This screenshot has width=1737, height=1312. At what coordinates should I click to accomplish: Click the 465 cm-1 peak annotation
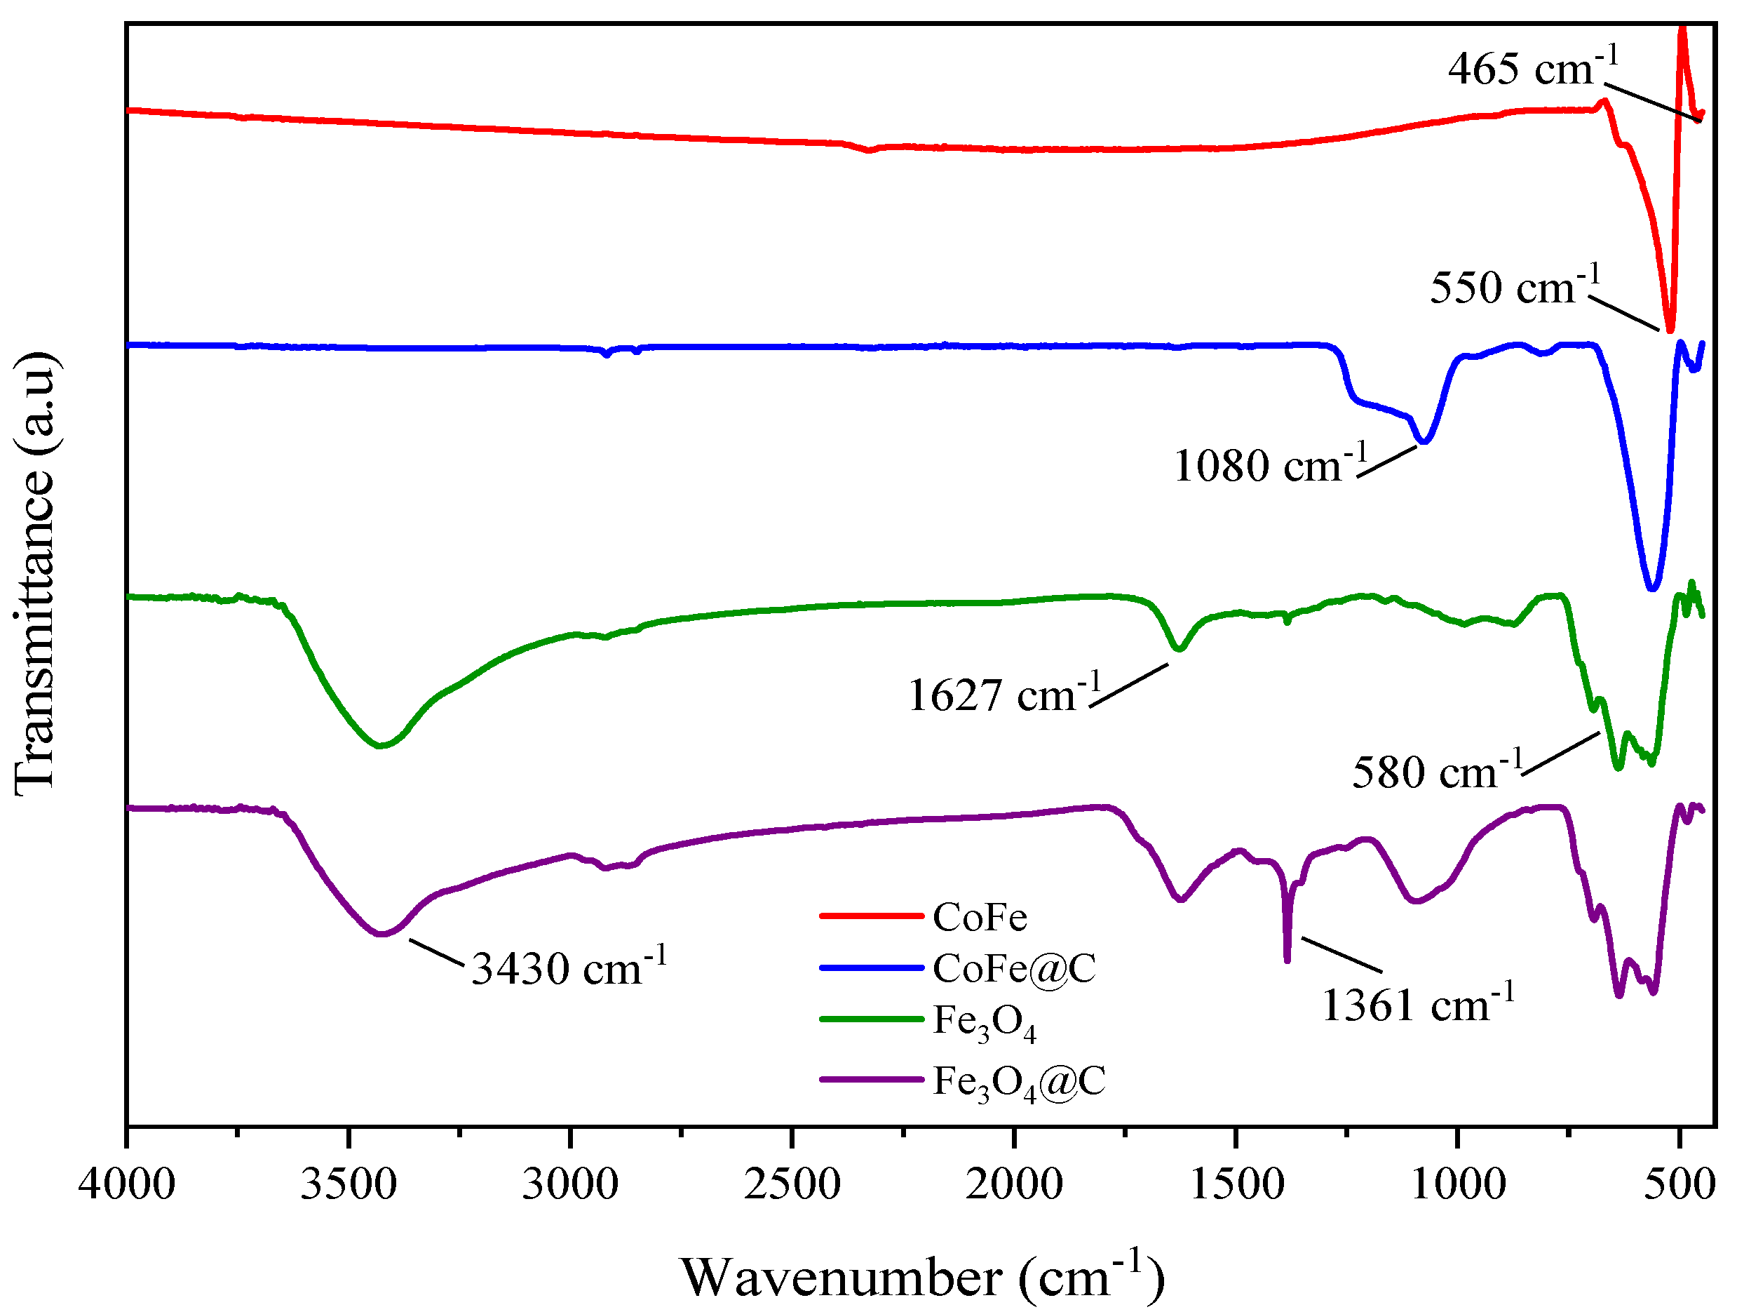(x=1532, y=69)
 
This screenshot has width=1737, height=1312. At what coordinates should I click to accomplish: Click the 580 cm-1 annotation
(x=1436, y=772)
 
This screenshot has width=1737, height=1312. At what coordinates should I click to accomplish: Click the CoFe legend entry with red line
(x=924, y=917)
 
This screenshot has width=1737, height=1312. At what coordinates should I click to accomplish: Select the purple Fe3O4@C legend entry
(x=962, y=1081)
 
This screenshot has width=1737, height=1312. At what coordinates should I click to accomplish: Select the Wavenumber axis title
(x=922, y=1277)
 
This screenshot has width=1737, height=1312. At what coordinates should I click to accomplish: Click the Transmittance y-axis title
(x=34, y=573)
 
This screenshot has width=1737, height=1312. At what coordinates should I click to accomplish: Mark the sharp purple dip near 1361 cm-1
(x=1286, y=959)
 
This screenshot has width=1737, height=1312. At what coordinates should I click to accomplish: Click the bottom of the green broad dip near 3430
(x=381, y=746)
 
